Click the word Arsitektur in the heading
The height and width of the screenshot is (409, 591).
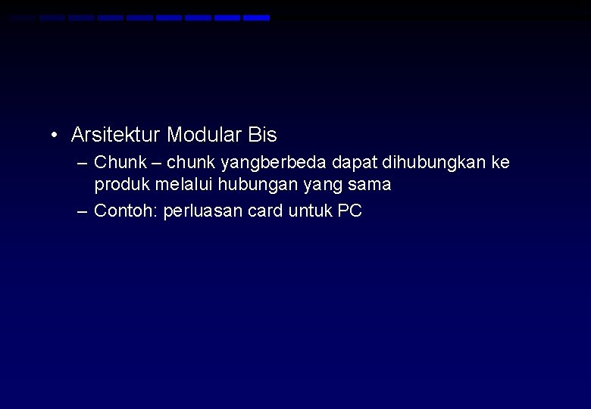pyautogui.click(x=115, y=136)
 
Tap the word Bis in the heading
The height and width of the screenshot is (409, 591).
pyautogui.click(x=262, y=136)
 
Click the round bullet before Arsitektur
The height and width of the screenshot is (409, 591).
pyautogui.click(x=55, y=136)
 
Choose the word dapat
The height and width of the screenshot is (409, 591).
pyautogui.click(x=355, y=163)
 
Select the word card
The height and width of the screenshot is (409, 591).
pyautogui.click(x=265, y=211)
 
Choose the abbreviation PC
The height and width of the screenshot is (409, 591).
pyautogui.click(x=349, y=211)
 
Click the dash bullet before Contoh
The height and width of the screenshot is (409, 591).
pyautogui.click(x=83, y=211)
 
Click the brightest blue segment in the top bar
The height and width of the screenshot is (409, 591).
pyautogui.click(x=256, y=17)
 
